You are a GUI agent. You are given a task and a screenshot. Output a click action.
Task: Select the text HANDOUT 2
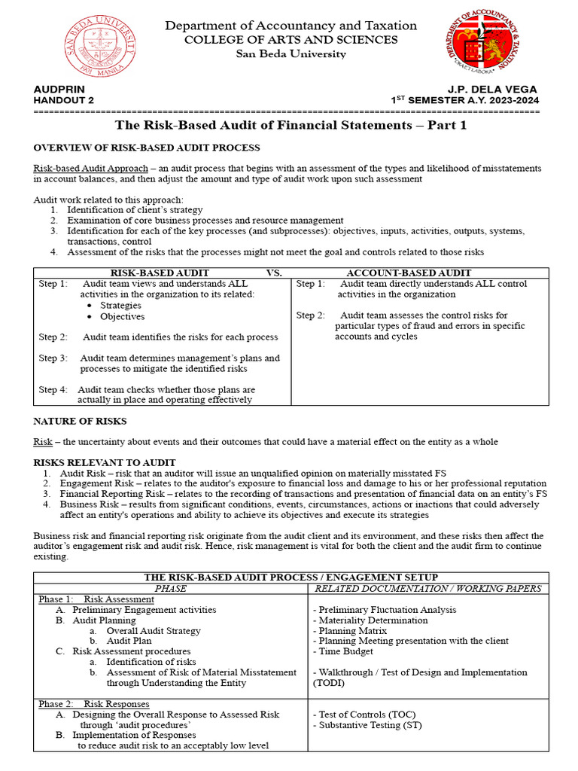click(64, 100)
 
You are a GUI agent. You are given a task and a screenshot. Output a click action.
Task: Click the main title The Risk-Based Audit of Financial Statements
click(291, 126)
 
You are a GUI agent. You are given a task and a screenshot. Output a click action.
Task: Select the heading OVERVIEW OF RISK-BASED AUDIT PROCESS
click(147, 148)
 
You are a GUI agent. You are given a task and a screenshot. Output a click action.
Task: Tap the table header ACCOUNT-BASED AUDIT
click(409, 273)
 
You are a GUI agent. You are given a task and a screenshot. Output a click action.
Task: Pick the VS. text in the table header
click(274, 273)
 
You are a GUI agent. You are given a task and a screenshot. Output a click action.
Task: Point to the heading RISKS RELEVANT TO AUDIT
click(105, 462)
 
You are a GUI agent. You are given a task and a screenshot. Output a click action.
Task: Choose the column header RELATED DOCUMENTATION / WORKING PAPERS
click(427, 588)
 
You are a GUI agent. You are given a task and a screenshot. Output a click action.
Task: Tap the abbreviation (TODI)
click(329, 683)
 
